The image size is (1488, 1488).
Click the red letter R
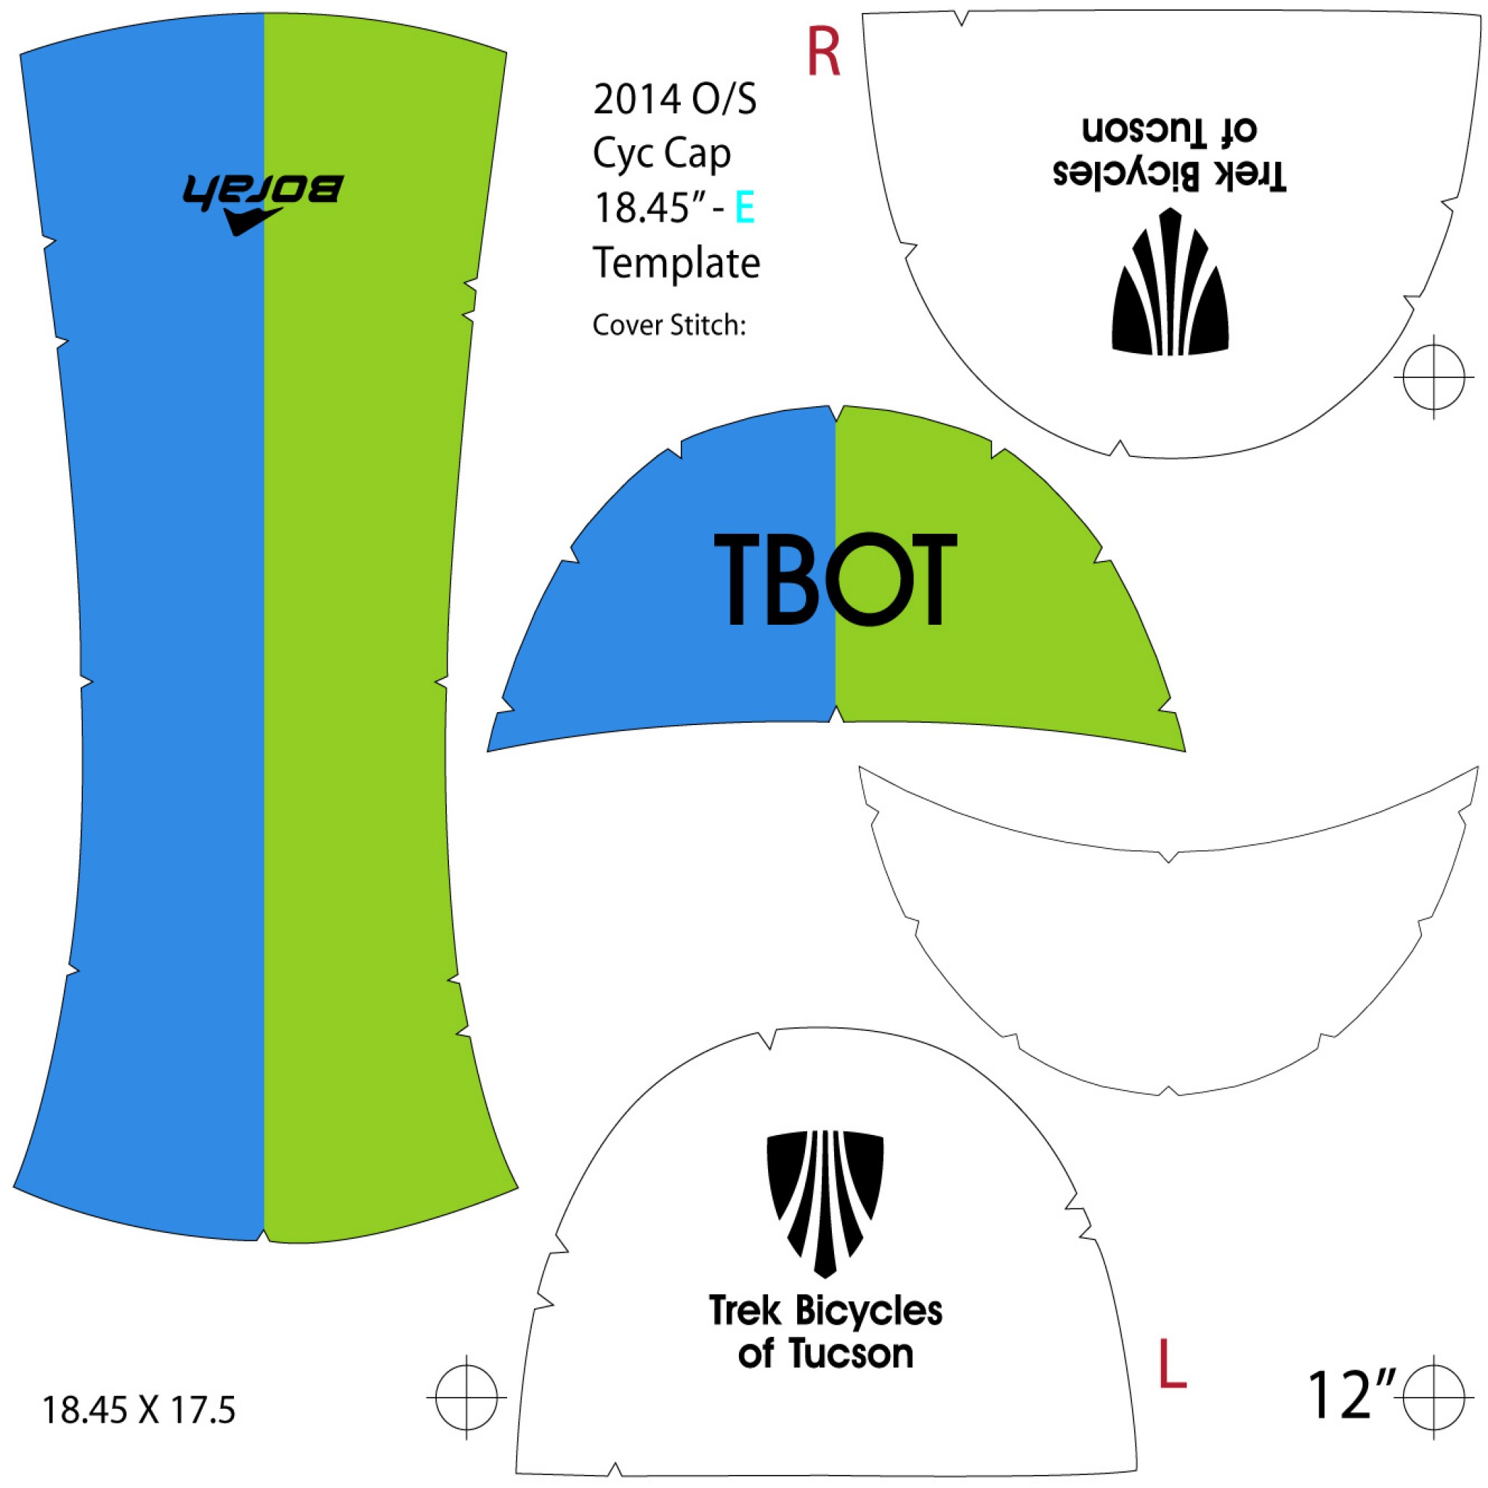pyautogui.click(x=822, y=52)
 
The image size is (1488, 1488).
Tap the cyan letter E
pyautogui.click(x=744, y=207)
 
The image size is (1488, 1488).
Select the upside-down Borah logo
pyautogui.click(x=261, y=201)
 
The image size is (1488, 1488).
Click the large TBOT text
pyautogui.click(x=835, y=580)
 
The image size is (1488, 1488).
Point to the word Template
pyautogui.click(x=676, y=264)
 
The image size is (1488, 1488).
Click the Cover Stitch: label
pyautogui.click(x=668, y=325)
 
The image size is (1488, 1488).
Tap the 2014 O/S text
pyautogui.click(x=675, y=100)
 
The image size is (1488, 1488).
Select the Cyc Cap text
pyautogui.click(x=662, y=154)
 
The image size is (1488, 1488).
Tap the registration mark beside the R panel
pyautogui.click(x=1434, y=376)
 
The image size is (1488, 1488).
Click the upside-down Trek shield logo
pyautogui.click(x=1170, y=283)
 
